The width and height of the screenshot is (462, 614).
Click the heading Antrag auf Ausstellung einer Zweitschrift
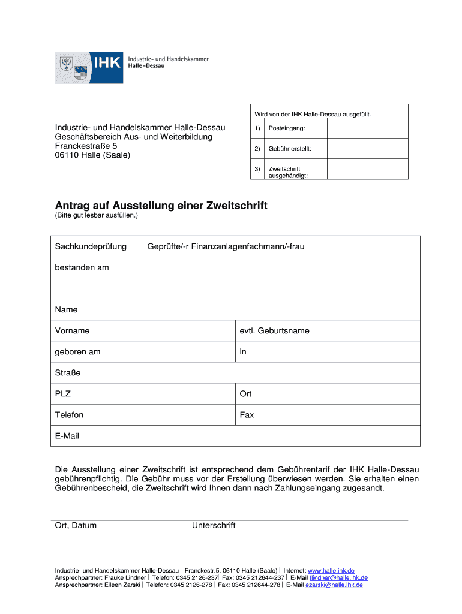(161, 206)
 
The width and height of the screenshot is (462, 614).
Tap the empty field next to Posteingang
(367, 129)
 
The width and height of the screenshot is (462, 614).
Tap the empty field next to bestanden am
(281, 267)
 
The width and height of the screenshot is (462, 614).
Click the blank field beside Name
(281, 310)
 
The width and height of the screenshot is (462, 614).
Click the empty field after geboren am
(188, 352)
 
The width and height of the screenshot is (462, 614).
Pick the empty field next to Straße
(281, 373)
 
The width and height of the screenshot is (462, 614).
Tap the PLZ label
(62, 394)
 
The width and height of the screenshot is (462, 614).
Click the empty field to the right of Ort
(373, 394)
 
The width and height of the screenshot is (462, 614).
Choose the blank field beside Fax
(373, 415)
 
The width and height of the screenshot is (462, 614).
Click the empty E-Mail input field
(281, 436)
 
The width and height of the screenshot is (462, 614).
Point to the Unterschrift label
(214, 526)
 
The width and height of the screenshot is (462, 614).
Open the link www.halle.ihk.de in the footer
(331, 570)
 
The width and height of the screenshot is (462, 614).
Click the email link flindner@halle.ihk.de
(338, 577)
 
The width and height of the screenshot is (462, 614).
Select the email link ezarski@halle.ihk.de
(334, 585)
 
